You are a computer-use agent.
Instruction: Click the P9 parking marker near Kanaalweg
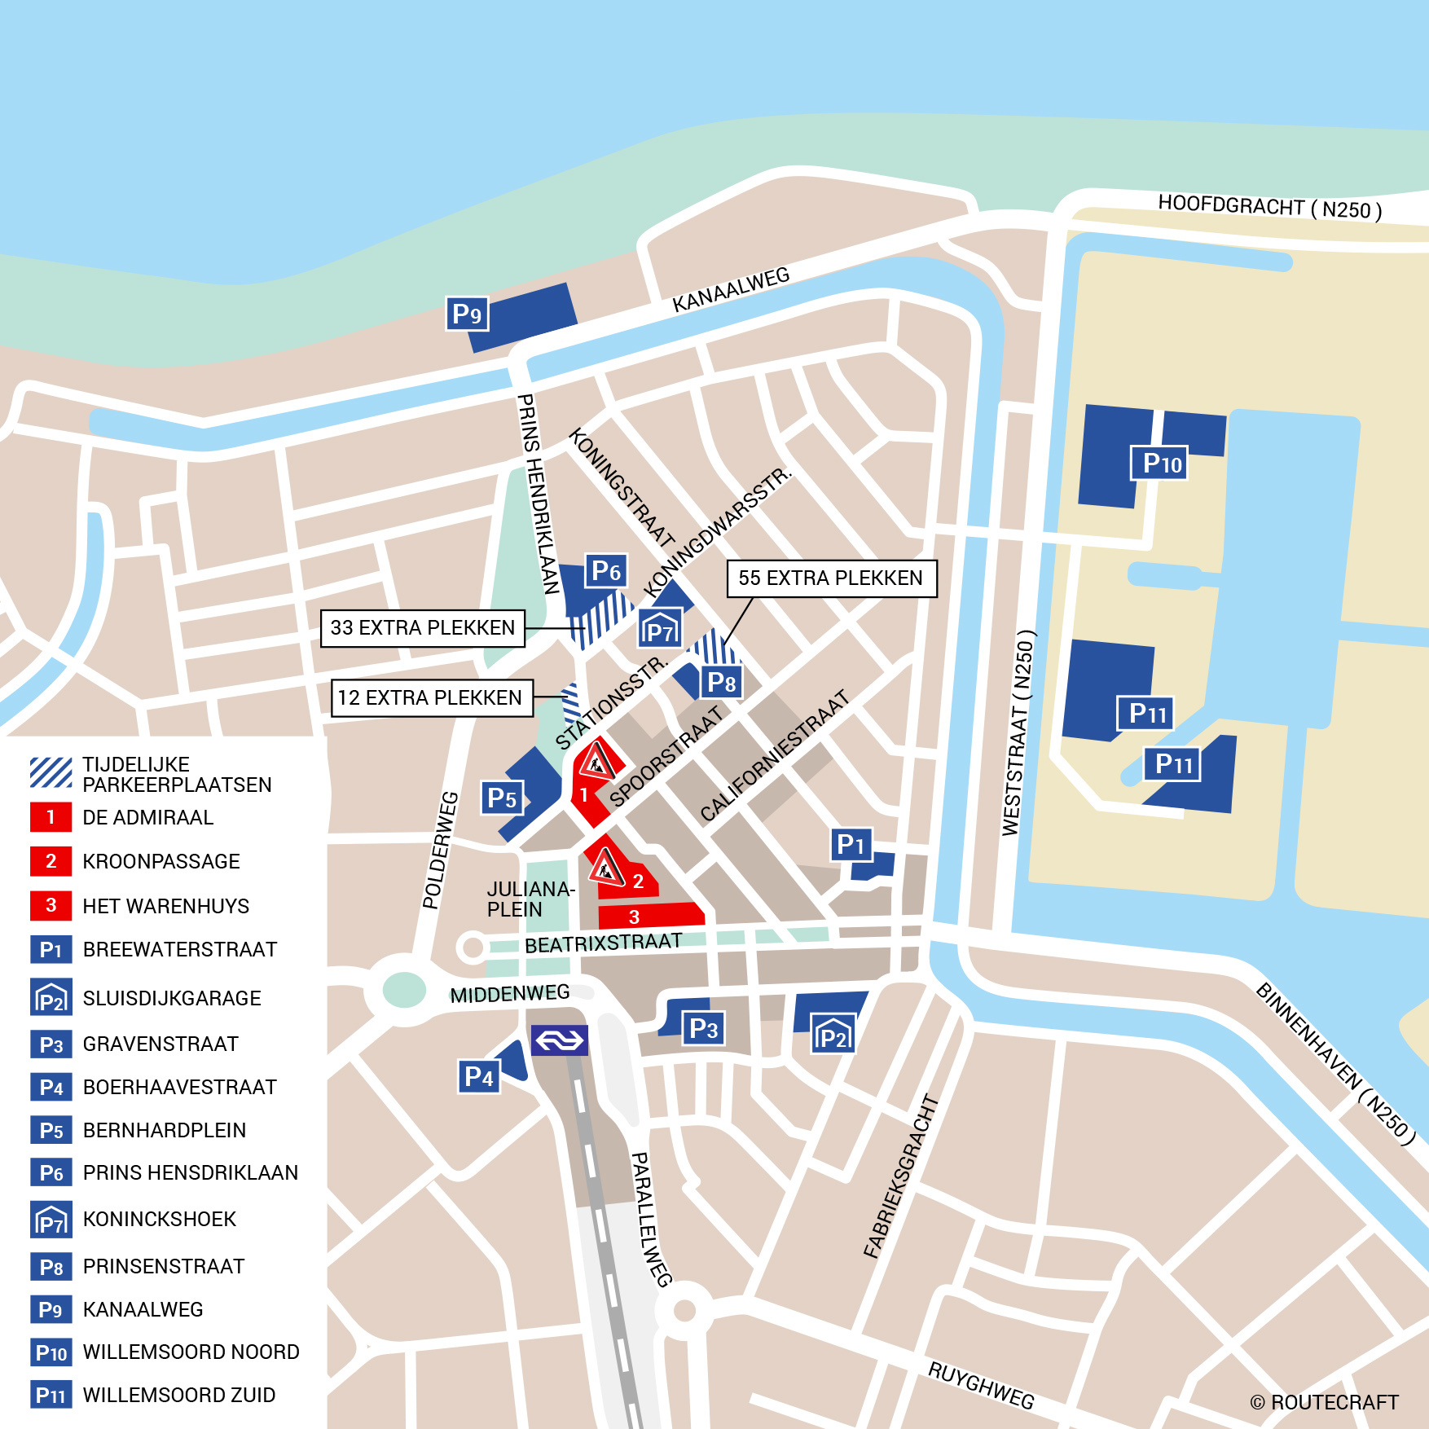coord(467,314)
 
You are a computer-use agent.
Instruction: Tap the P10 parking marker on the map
coord(1159,463)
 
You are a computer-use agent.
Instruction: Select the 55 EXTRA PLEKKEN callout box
coord(831,578)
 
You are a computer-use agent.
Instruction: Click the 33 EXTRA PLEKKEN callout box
coord(422,627)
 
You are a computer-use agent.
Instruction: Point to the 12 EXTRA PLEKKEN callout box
coord(431,698)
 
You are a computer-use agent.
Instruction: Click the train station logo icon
coord(559,1040)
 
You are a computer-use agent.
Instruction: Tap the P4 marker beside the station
coord(478,1077)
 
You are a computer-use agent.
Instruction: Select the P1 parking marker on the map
coord(851,845)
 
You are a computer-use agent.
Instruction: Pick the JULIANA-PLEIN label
coord(530,899)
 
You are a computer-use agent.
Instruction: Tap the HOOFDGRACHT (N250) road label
coord(1269,207)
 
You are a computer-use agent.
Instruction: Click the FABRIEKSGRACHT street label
coord(901,1176)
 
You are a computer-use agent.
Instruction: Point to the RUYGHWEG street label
coord(981,1385)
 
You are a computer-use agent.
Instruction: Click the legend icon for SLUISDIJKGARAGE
coord(51,997)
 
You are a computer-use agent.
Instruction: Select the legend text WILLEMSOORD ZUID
coord(179,1395)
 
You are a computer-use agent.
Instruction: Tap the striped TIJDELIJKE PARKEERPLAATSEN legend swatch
coord(51,772)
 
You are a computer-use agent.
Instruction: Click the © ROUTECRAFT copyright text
coord(1324,1402)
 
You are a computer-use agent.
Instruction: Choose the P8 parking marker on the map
coord(721,682)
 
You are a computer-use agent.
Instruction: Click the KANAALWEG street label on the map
coord(731,290)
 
